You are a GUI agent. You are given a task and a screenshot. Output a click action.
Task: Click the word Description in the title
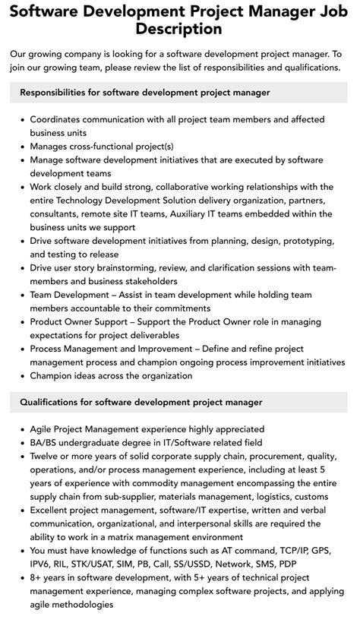180,29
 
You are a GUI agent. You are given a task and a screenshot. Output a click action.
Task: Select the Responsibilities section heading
145,92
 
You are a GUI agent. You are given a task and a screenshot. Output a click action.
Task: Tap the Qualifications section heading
141,401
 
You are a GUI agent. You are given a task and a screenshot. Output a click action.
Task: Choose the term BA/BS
44,442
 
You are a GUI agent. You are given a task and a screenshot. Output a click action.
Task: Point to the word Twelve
47,456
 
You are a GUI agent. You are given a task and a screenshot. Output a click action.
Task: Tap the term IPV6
43,564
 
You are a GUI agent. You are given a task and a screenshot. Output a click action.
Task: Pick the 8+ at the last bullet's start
36,577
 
